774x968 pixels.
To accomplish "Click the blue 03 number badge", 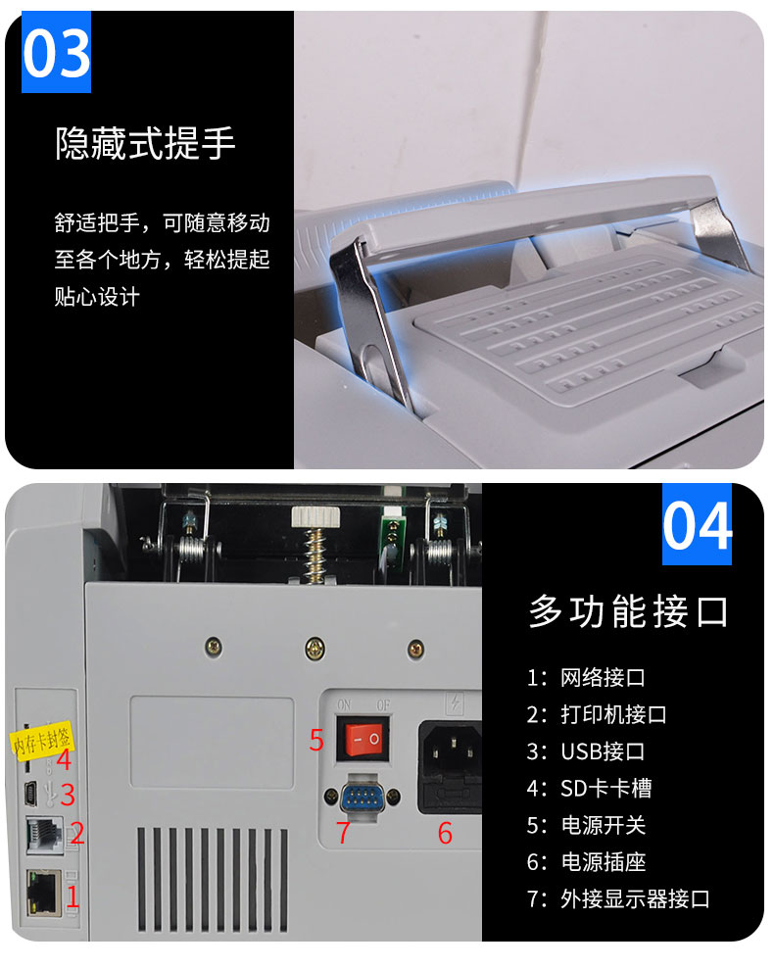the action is (56, 52).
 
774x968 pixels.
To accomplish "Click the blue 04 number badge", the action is (697, 524).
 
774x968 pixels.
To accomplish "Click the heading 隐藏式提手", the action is (146, 143).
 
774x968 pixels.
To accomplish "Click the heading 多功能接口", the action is (628, 611).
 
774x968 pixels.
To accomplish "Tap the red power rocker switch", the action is (363, 739).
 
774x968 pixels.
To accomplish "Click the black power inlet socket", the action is (450, 767).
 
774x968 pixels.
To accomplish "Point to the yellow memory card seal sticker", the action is (41, 739).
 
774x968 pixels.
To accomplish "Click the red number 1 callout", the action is (73, 896).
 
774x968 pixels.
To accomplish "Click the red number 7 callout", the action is (343, 832).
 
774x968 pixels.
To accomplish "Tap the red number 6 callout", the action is (445, 833).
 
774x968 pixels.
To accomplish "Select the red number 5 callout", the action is (316, 740).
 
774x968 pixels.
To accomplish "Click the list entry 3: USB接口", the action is (586, 751).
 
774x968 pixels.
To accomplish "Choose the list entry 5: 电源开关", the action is (586, 825).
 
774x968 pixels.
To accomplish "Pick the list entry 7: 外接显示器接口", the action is (618, 898).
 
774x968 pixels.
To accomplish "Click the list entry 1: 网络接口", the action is (586, 677).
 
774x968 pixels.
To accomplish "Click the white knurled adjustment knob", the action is (316, 516).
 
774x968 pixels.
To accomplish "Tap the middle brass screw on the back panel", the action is (314, 648).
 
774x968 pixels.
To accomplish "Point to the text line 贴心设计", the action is (97, 296).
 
